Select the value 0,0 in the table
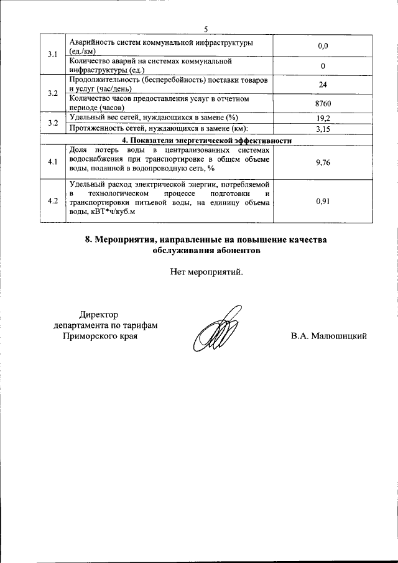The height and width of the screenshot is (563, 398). tap(322, 46)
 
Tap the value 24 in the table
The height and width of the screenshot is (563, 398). tap(322, 85)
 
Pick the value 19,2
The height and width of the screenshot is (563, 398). tap(322, 118)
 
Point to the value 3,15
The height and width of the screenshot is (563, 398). tap(322, 129)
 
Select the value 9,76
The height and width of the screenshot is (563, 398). tap(322, 162)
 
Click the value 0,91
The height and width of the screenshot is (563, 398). tap(322, 201)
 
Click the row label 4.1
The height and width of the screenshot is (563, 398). tap(52, 162)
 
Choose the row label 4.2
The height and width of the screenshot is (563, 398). tap(52, 201)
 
